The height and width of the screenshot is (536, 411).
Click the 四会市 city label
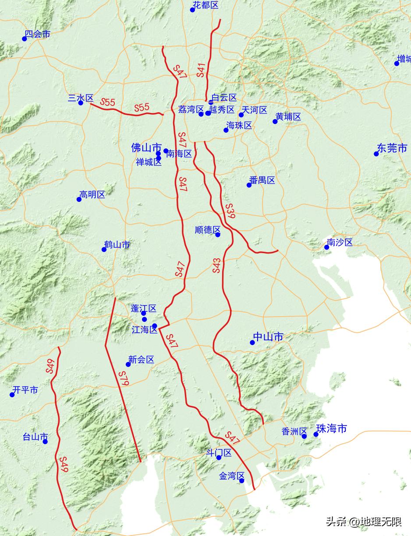(x=37, y=34)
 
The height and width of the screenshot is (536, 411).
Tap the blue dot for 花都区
(x=192, y=10)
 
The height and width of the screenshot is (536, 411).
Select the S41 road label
(x=201, y=70)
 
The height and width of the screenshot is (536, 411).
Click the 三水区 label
(x=81, y=98)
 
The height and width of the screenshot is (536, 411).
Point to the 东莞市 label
(x=392, y=148)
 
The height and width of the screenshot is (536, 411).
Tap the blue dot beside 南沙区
(x=326, y=247)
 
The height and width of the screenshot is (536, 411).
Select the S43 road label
(x=217, y=266)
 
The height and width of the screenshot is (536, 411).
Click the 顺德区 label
(x=208, y=230)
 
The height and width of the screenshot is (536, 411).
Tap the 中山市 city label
(x=269, y=337)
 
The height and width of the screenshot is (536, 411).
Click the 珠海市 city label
(x=331, y=428)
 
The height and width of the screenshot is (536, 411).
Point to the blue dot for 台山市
(x=45, y=441)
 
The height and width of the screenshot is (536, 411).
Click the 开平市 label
(x=25, y=390)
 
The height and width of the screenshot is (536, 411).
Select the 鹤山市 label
(x=117, y=245)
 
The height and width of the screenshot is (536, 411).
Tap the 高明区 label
(x=92, y=194)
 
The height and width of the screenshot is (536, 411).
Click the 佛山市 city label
(x=146, y=148)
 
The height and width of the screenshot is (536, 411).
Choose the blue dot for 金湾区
(x=241, y=481)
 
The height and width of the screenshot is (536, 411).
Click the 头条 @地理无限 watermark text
(x=363, y=522)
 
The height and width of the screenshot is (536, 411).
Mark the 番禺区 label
(x=262, y=180)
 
